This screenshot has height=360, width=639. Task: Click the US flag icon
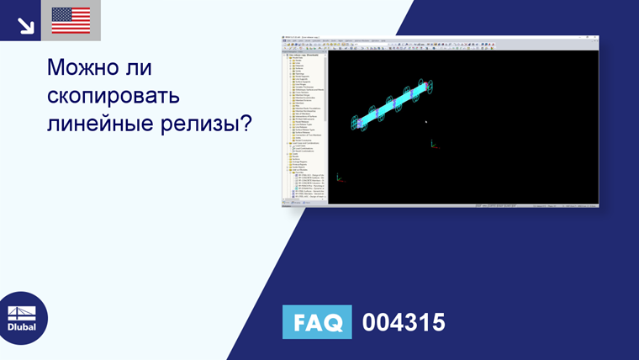point(71,20)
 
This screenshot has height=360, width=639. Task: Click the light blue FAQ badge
point(317,322)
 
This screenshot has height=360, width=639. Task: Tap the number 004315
point(403,322)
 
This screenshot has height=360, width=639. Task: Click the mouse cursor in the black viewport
point(426,123)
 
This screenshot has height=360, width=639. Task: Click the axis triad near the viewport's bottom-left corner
point(339,177)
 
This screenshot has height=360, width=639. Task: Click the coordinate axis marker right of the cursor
point(434,144)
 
